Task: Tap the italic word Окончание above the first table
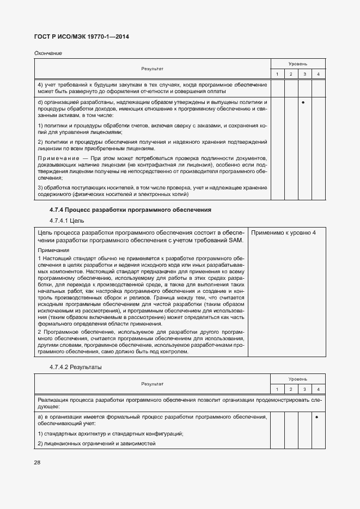(48, 53)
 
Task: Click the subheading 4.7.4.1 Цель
(67, 220)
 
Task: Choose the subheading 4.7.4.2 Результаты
(75, 367)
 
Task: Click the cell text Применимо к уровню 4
(283, 233)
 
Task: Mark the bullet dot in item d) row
(304, 102)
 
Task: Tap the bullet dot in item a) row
(318, 416)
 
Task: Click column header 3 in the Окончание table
(304, 74)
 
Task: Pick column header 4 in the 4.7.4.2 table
(318, 389)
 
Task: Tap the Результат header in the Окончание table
(152, 69)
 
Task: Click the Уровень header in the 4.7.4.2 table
(297, 378)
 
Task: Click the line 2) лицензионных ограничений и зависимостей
(96, 444)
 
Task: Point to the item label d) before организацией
(40, 102)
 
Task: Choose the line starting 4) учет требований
(152, 85)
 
